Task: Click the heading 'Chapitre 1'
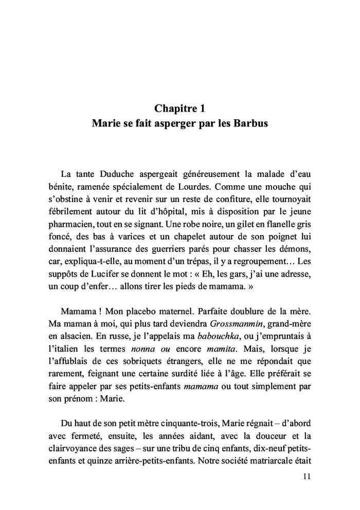(179, 108)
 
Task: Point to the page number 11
(307, 478)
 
